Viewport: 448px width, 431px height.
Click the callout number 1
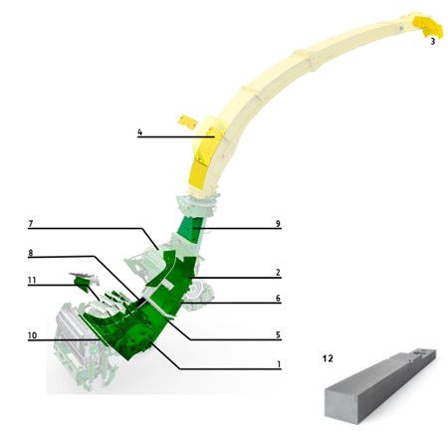[279, 364]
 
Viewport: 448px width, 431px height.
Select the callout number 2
[278, 273]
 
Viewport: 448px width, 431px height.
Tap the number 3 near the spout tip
[432, 41]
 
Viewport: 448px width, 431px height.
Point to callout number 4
[139, 132]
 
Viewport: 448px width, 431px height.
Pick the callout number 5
[278, 334]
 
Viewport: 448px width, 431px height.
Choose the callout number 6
[278, 299]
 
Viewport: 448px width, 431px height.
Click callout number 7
[31, 224]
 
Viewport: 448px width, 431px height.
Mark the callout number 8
[31, 253]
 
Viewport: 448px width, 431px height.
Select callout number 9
[278, 224]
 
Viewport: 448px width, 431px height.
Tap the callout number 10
[32, 335]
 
